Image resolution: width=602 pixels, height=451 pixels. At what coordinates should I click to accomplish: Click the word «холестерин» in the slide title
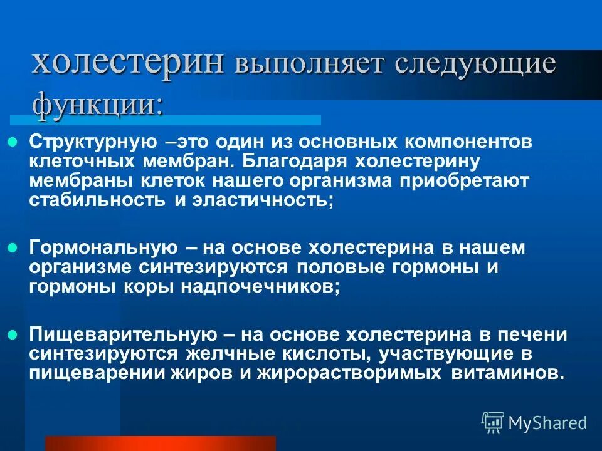[x=129, y=63]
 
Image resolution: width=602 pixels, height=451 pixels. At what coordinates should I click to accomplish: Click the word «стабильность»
[x=93, y=200]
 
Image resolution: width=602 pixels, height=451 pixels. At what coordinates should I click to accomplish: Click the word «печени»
[x=536, y=334]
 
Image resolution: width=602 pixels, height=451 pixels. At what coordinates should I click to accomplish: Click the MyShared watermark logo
[x=534, y=423]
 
